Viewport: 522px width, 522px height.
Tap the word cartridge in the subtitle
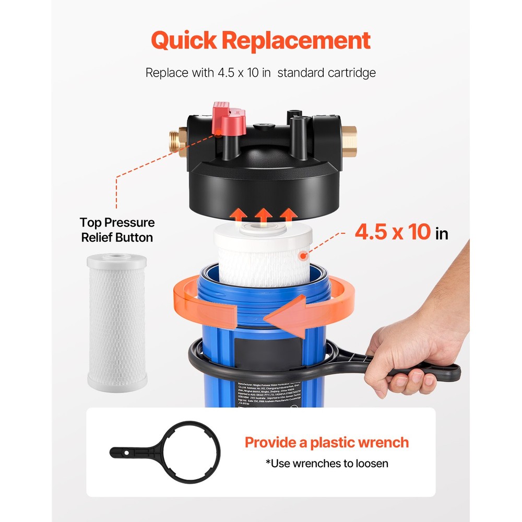click(349, 73)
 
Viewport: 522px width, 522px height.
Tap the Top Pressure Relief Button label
click(117, 230)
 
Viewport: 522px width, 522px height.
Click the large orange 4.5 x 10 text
click(393, 232)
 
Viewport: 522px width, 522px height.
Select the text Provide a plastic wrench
click(327, 443)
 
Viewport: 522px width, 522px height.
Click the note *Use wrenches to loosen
click(327, 464)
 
